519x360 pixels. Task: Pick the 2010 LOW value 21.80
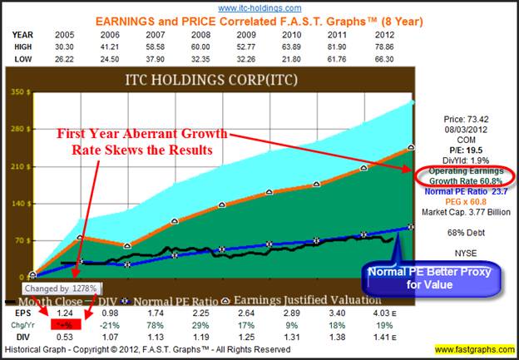click(268, 58)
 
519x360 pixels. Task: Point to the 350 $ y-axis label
click(15, 91)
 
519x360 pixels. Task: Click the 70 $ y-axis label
click(15, 239)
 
